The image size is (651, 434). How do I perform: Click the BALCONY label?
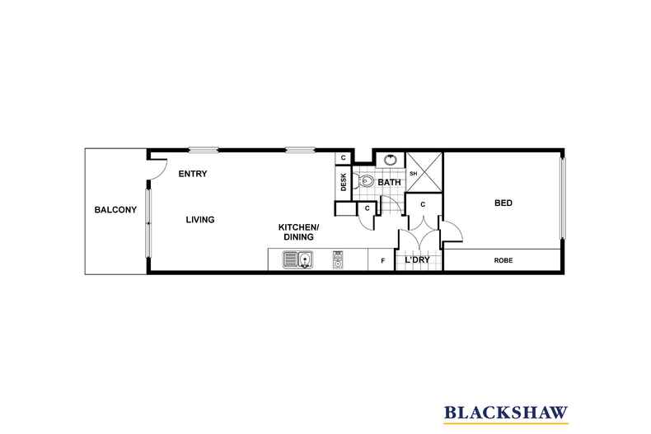click(x=115, y=210)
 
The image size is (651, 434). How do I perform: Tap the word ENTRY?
click(x=193, y=174)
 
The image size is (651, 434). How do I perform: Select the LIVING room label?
click(x=200, y=220)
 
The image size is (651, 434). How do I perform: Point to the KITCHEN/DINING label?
click(x=298, y=231)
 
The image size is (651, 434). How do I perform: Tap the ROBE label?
click(x=503, y=260)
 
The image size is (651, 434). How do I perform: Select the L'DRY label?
click(x=417, y=260)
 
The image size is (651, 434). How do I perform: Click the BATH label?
click(x=389, y=182)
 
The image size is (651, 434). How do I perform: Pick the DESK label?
click(x=344, y=181)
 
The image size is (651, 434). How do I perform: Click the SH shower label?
click(x=413, y=174)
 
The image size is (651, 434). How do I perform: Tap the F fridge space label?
click(x=382, y=261)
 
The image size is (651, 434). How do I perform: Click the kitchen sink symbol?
click(x=297, y=260)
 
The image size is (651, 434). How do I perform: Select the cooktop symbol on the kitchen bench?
click(x=337, y=260)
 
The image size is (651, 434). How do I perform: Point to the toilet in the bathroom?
click(x=366, y=181)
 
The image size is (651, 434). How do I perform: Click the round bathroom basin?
click(x=389, y=160)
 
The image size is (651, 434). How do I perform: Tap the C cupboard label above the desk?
click(x=343, y=158)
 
